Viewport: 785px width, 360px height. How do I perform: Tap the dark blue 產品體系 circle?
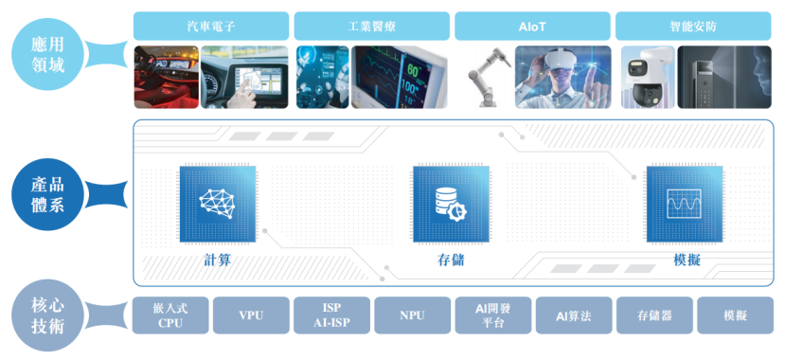[x=45, y=194]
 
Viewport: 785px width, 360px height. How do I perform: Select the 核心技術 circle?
[x=45, y=315]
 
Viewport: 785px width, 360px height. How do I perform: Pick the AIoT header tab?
[x=532, y=26]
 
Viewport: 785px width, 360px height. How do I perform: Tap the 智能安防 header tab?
[x=693, y=26]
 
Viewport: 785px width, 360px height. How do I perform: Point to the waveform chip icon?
[x=684, y=203]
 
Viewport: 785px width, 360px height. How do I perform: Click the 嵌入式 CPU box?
[x=169, y=315]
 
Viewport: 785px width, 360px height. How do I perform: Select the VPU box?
[x=251, y=315]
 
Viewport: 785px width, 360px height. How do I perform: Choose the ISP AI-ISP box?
[x=331, y=315]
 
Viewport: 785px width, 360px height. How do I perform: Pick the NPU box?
[x=412, y=315]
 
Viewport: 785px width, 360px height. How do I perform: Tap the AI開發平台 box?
[x=492, y=315]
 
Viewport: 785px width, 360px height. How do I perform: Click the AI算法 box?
[x=573, y=315]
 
